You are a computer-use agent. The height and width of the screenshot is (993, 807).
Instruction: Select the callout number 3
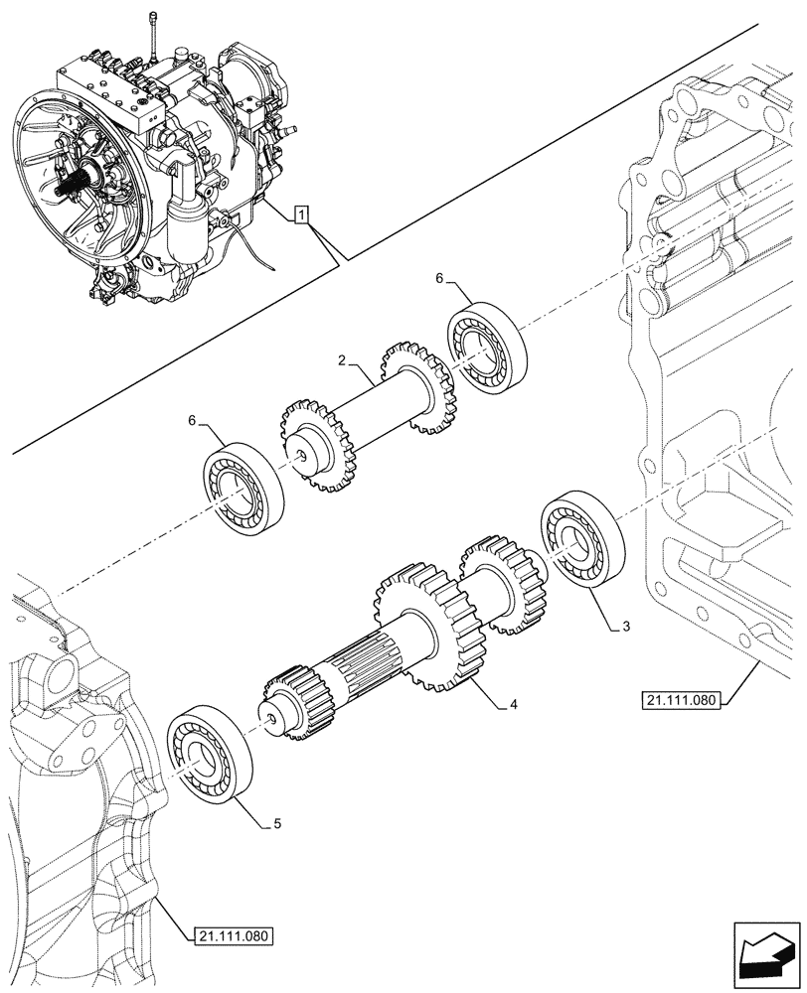pyautogui.click(x=625, y=627)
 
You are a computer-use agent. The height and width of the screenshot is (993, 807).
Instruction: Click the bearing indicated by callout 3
pyautogui.click(x=582, y=546)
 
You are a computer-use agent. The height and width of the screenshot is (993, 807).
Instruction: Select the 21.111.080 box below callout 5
pyautogui.click(x=228, y=935)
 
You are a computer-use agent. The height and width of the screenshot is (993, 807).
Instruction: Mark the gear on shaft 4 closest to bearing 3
pyautogui.click(x=502, y=586)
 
